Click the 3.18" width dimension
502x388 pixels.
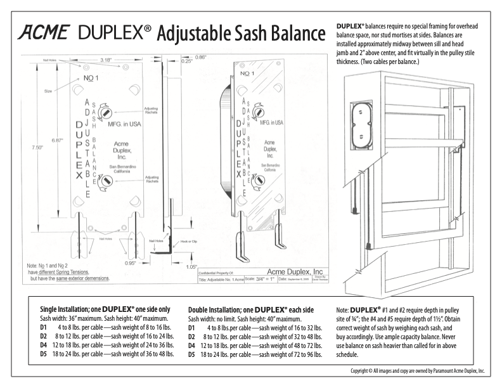(107, 60)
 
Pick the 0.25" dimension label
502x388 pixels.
(186, 61)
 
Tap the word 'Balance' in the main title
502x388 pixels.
(287, 32)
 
